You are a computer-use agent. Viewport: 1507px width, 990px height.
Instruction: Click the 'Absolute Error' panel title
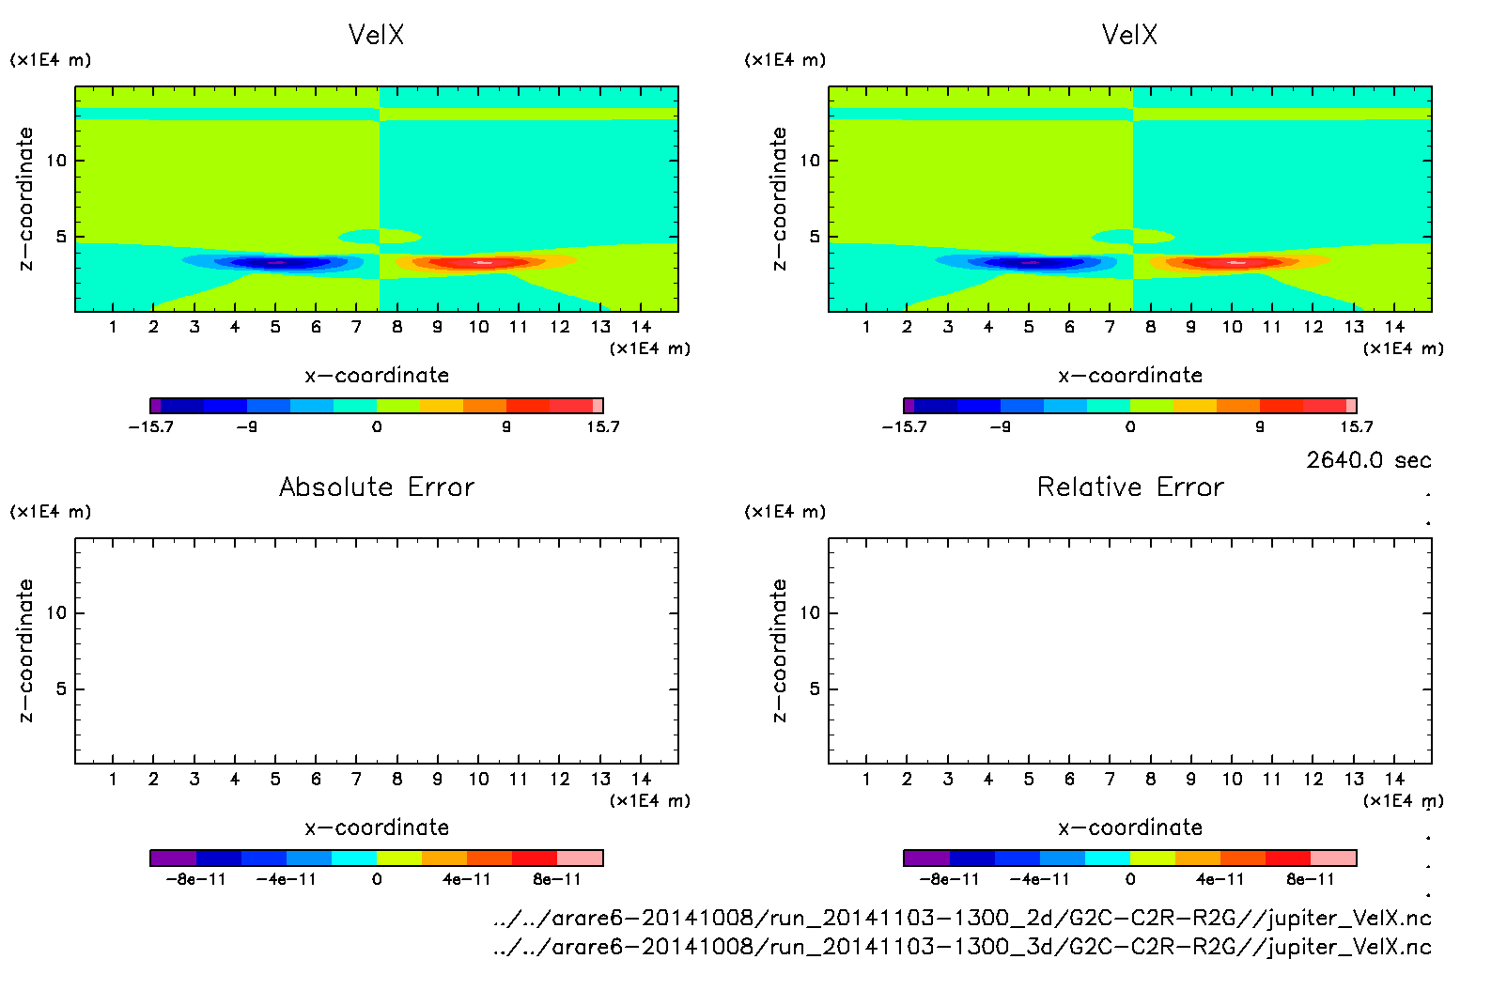coord(377,487)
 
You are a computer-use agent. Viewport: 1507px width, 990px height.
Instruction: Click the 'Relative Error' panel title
coord(1130,487)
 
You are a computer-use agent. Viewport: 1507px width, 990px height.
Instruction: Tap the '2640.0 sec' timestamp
coord(1368,460)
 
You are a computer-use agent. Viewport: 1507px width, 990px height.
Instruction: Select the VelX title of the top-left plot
coord(376,35)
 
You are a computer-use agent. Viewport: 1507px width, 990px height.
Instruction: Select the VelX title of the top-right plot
coord(1129,35)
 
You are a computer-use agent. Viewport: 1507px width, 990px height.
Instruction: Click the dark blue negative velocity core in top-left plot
coord(278,263)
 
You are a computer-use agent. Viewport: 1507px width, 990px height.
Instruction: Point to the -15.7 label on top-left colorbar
coord(150,426)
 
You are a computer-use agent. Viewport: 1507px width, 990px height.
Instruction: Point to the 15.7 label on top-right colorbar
coord(1356,426)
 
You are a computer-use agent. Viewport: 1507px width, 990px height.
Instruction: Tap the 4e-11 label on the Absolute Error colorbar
coord(467,879)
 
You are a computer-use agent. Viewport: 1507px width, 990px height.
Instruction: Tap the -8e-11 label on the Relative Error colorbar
coord(949,879)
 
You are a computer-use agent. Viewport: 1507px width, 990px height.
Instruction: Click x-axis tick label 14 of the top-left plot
coord(641,327)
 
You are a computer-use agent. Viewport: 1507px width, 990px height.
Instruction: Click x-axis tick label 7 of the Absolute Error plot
coord(356,779)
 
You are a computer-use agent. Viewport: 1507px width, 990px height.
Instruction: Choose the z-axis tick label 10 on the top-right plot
coord(810,161)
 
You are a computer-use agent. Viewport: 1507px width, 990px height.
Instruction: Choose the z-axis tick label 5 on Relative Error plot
coord(815,688)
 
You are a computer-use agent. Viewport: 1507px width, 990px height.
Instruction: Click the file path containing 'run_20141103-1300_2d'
coord(962,918)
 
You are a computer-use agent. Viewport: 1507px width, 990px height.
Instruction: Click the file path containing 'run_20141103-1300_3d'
coord(962,947)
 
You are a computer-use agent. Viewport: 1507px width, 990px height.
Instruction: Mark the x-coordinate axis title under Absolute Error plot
coord(377,828)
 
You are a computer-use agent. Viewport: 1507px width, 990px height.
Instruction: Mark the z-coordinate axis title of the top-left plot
coord(25,199)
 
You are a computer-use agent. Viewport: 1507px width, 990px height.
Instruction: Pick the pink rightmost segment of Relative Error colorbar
coord(1333,858)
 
